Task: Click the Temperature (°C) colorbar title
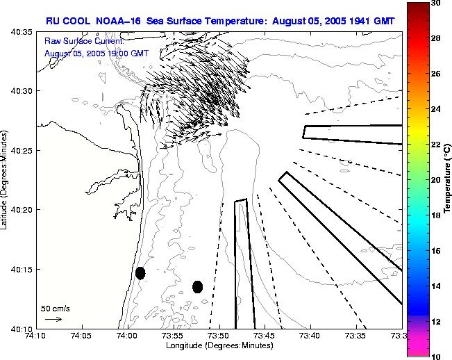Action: coord(449,179)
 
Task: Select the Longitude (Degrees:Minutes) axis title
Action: coord(219,345)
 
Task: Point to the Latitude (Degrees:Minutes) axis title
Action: coord(5,179)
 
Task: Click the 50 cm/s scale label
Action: coord(55,308)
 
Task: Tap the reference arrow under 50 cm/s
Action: coord(53,319)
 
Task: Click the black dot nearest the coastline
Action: coord(140,273)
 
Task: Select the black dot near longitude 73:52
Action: coord(197,286)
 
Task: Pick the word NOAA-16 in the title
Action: coord(117,21)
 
